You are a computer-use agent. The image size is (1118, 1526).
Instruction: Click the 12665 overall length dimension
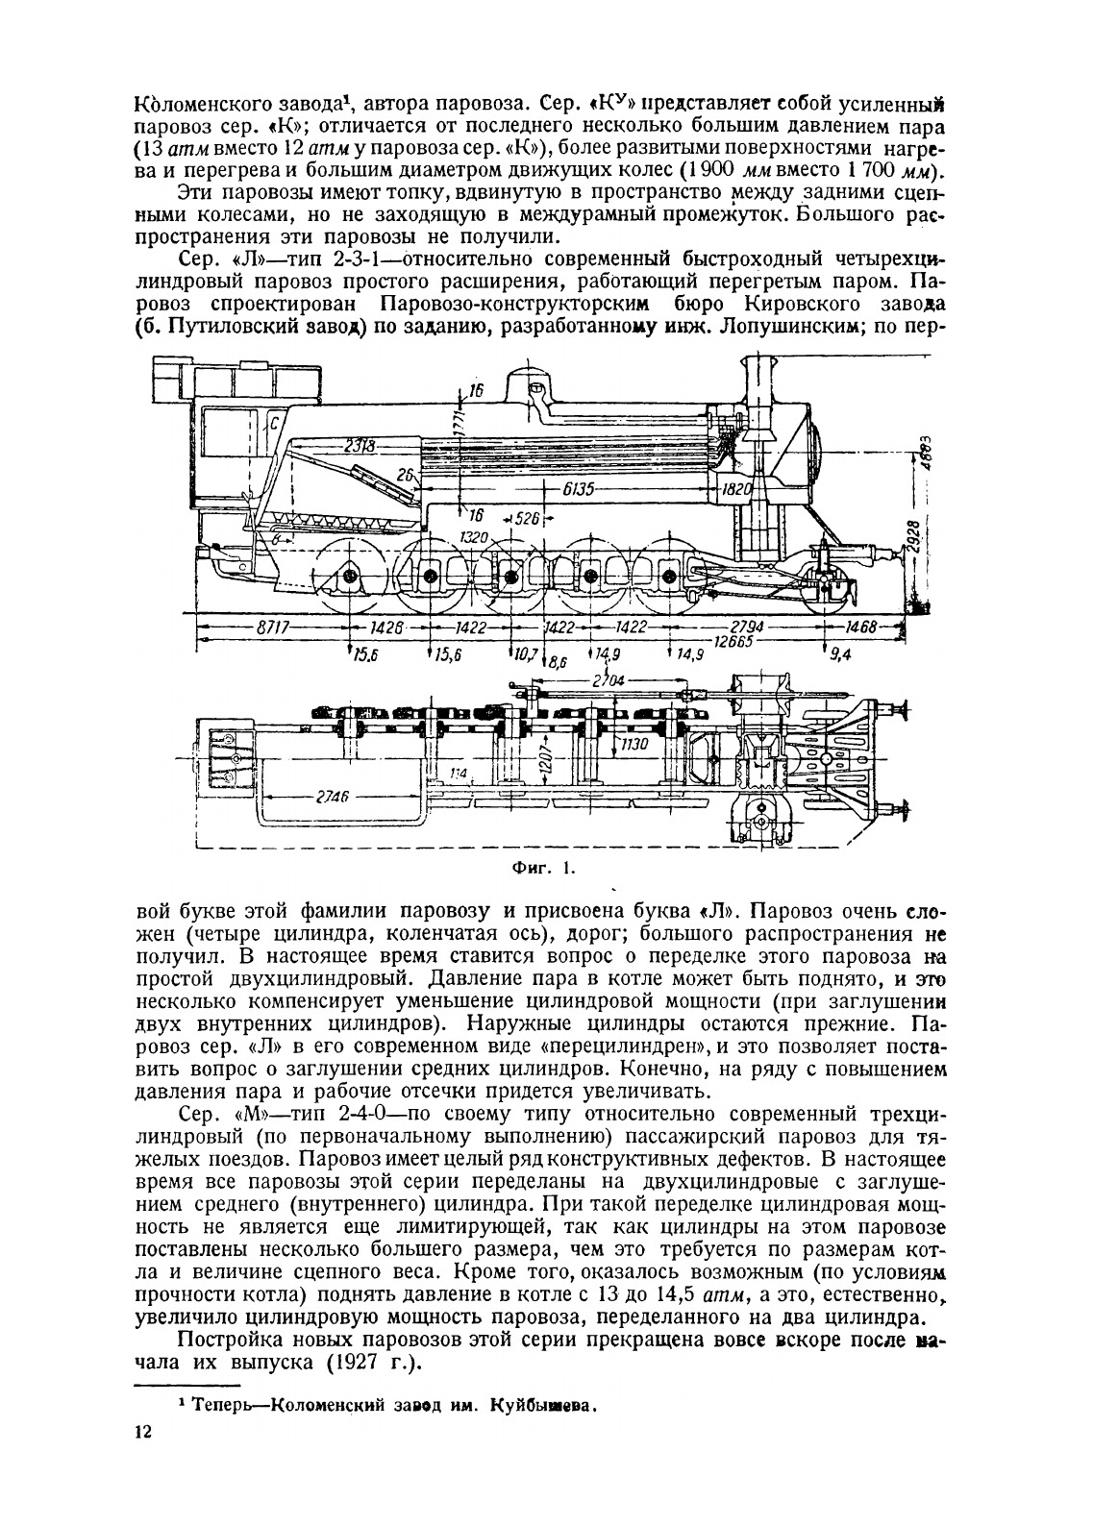(733, 641)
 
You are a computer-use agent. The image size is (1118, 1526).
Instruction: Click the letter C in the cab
(275, 419)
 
